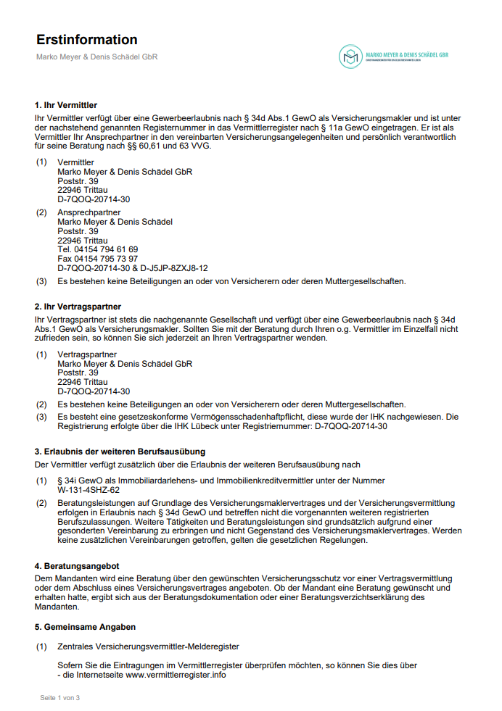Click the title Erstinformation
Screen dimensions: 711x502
click(x=86, y=40)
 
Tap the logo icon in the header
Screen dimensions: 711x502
click(x=351, y=55)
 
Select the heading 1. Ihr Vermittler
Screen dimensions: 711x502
click(x=66, y=106)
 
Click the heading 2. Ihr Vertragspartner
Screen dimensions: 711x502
click(x=78, y=307)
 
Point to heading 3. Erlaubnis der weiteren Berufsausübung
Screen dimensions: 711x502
click(x=120, y=452)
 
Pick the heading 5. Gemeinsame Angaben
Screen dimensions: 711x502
click(x=85, y=626)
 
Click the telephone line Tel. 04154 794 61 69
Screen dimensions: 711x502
click(x=97, y=249)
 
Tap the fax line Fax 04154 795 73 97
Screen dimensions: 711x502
click(x=97, y=259)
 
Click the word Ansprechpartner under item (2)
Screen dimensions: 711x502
click(x=89, y=212)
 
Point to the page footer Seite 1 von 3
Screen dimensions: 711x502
click(x=59, y=697)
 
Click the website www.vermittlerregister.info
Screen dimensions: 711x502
click(x=176, y=675)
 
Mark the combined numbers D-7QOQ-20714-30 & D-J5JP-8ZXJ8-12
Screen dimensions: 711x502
click(x=132, y=268)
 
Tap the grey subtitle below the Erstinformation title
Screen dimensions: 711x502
click(x=96, y=57)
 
